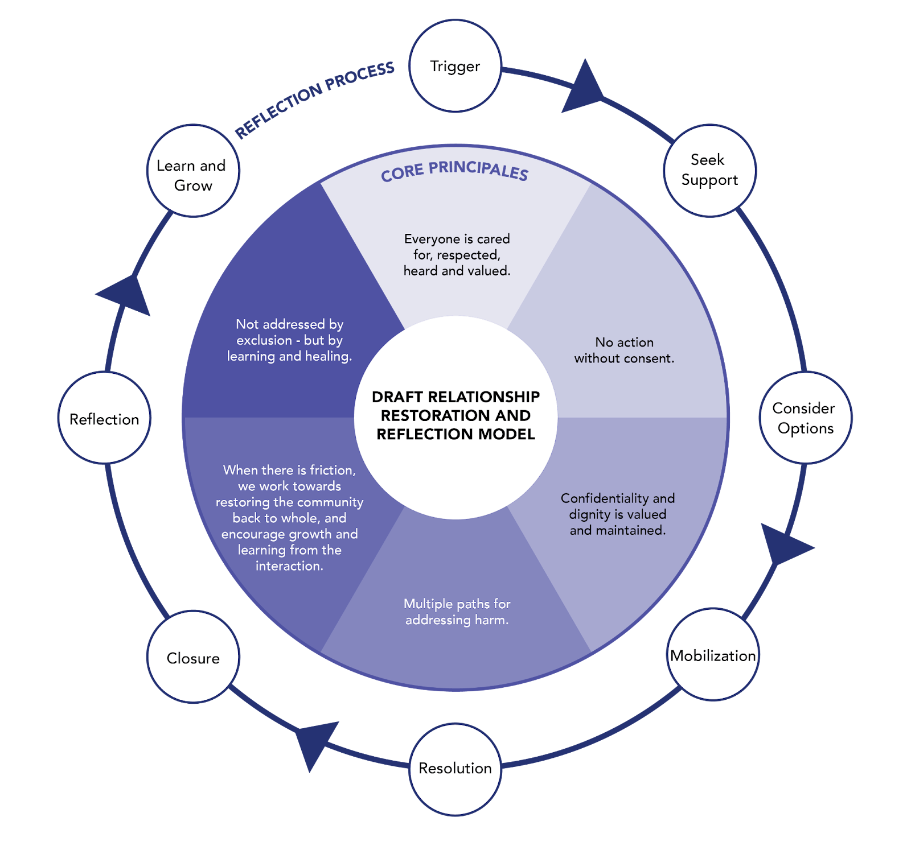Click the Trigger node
(x=455, y=66)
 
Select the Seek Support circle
(x=709, y=170)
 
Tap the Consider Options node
(x=805, y=418)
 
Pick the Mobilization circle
(x=713, y=655)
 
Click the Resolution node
(x=455, y=769)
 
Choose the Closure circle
(x=193, y=658)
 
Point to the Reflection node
(x=104, y=419)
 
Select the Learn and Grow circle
(x=193, y=171)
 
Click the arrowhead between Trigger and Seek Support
(x=584, y=88)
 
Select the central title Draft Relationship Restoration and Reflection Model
(x=455, y=415)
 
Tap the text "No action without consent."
(x=624, y=350)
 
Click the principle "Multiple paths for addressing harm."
(x=457, y=612)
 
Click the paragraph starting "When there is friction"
(x=289, y=518)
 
